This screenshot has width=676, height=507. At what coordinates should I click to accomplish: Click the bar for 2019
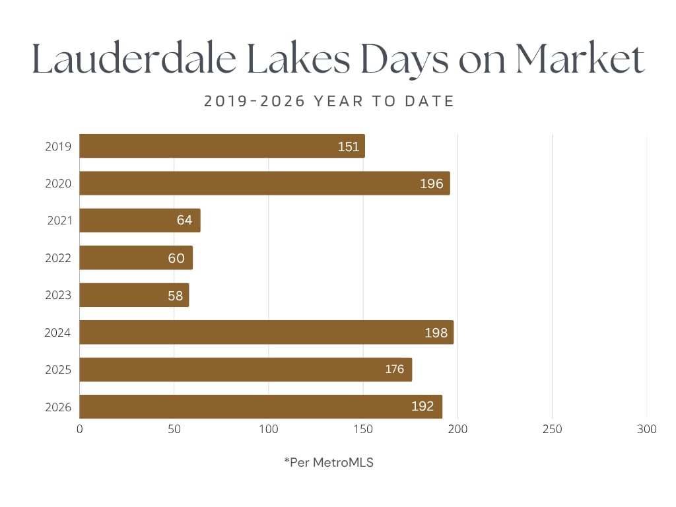pos(222,146)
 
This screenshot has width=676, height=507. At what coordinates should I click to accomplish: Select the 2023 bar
pos(134,295)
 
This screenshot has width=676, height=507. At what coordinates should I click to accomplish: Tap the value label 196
pos(432,184)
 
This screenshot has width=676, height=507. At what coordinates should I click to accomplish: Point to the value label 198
pos(436,333)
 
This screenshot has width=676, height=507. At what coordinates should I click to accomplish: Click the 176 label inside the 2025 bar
pos(394,370)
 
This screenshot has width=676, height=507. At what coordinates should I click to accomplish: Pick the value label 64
pos(185,220)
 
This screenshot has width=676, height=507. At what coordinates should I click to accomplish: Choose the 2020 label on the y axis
pos(58,184)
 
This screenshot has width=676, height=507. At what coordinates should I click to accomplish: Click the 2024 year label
pos(57,333)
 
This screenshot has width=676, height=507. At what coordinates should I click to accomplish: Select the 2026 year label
pos(58,407)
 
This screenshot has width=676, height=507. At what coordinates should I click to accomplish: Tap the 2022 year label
pos(58,258)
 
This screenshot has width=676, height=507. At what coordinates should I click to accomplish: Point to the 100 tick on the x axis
pos(269,429)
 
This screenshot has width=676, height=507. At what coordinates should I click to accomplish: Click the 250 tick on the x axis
pos(552,429)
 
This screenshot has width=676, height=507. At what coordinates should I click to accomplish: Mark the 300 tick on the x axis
pos(647,429)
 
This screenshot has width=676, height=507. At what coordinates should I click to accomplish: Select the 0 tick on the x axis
pos(80,429)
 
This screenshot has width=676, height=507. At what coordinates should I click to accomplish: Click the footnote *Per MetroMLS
pos(329,463)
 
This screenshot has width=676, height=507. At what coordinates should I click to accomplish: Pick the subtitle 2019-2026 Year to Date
pos(329,101)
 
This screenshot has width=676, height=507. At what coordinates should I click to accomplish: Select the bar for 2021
pos(140,220)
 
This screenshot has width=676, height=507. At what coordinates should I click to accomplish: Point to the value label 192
pos(422,407)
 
